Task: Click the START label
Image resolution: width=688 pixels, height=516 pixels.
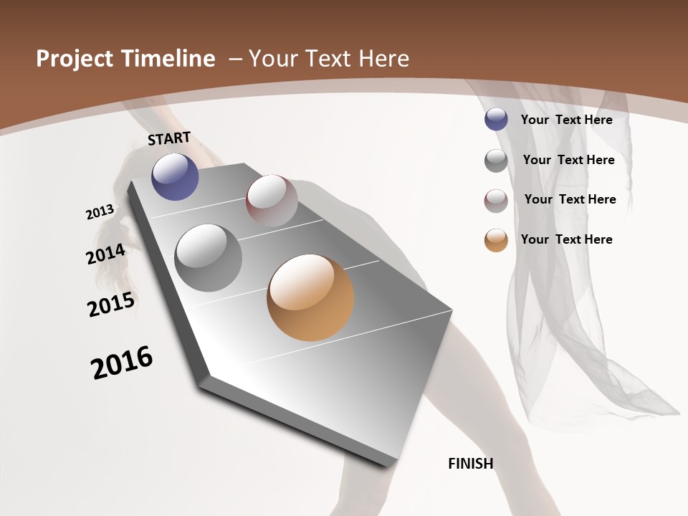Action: pyautogui.click(x=169, y=138)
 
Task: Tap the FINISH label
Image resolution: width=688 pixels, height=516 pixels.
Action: pyautogui.click(x=471, y=464)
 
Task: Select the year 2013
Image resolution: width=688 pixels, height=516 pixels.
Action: pyautogui.click(x=100, y=212)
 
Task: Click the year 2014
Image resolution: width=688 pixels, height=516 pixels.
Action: pyautogui.click(x=105, y=254)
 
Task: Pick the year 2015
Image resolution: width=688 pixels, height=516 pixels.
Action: pyautogui.click(x=111, y=305)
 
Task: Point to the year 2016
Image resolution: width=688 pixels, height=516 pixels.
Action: pyautogui.click(x=122, y=363)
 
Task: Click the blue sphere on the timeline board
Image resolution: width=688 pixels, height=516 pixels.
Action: pyautogui.click(x=175, y=176)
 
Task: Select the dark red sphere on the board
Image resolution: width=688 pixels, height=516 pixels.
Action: pyautogui.click(x=272, y=201)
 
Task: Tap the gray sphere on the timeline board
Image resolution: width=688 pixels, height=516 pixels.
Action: pyautogui.click(x=209, y=258)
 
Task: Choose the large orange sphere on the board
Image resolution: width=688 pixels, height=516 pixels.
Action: pyautogui.click(x=310, y=297)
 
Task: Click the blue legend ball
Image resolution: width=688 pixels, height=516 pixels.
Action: pyautogui.click(x=496, y=120)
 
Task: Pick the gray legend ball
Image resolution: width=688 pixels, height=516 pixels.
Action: pyautogui.click(x=496, y=161)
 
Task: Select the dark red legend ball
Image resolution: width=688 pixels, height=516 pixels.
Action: pyautogui.click(x=496, y=201)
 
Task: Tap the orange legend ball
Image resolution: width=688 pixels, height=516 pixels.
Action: pyautogui.click(x=496, y=240)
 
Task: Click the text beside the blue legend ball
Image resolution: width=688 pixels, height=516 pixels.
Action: pyautogui.click(x=566, y=120)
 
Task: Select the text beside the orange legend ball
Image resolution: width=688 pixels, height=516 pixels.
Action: pyautogui.click(x=566, y=239)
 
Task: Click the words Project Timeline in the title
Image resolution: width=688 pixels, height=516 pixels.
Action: pyautogui.click(x=125, y=59)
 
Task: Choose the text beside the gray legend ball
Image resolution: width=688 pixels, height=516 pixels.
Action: pyautogui.click(x=568, y=160)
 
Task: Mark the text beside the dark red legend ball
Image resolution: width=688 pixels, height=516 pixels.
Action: pyautogui.click(x=570, y=199)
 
